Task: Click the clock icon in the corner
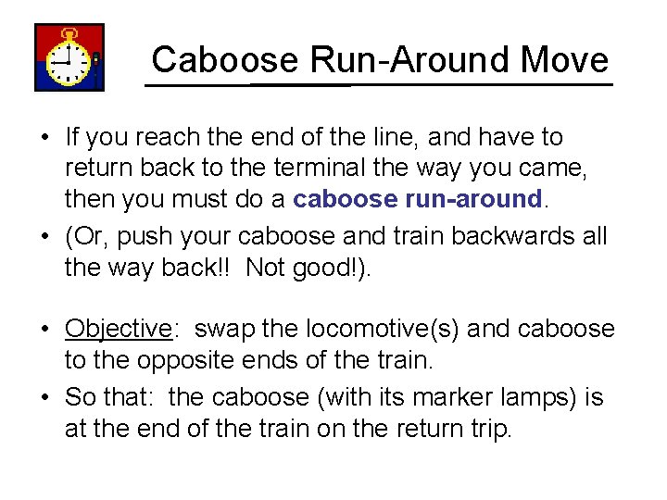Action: pyautogui.click(x=69, y=57)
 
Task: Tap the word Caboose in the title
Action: pyautogui.click(x=225, y=59)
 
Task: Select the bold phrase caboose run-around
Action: pyautogui.click(x=417, y=198)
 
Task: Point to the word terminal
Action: pyautogui.click(x=284, y=168)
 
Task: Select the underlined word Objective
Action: pyautogui.click(x=119, y=329)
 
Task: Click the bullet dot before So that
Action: pyautogui.click(x=44, y=398)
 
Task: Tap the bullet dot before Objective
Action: pyautogui.click(x=44, y=330)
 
